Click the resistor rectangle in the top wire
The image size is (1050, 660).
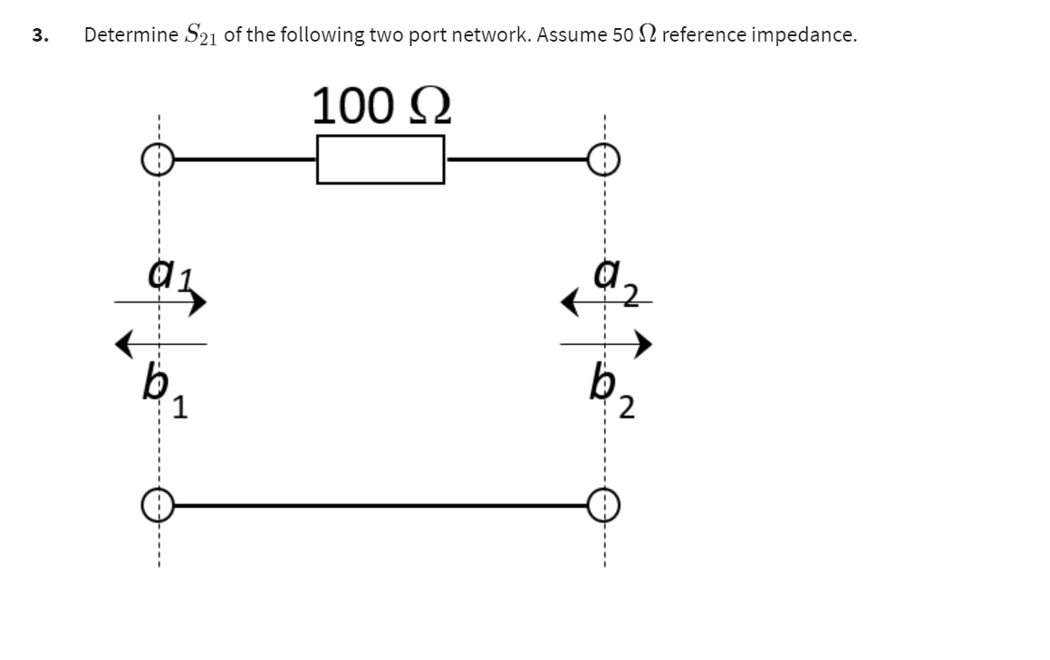coord(381,159)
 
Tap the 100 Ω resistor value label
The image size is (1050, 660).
coord(381,106)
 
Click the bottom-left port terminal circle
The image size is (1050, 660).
coord(156,504)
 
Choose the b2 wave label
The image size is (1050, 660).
coord(612,393)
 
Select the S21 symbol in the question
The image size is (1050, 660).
coord(199,35)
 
